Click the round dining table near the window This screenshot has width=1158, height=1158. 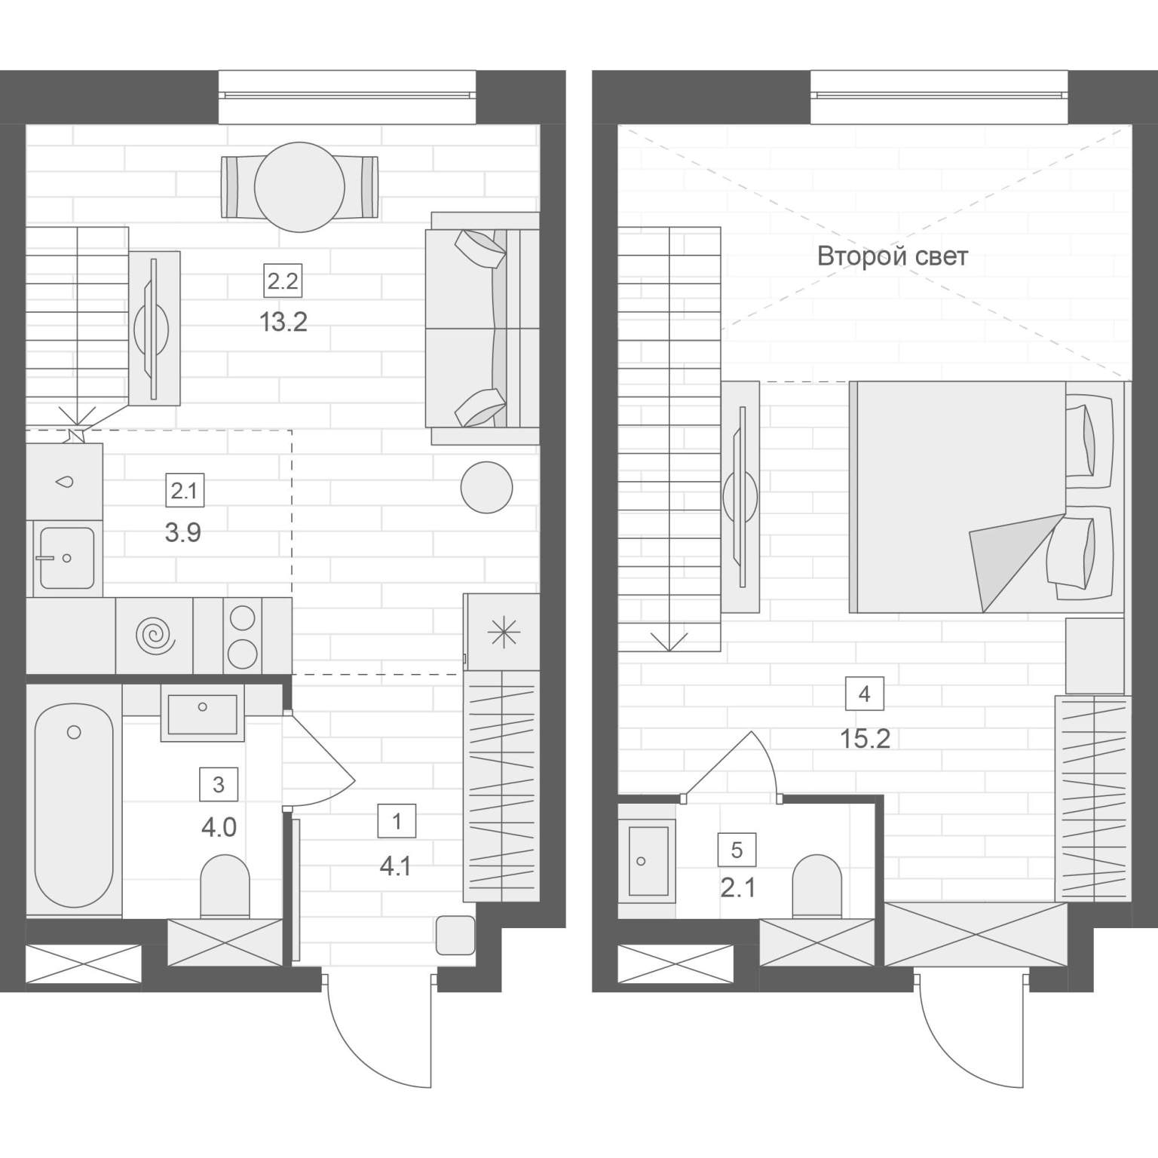click(299, 187)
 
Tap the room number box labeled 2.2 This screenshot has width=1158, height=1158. click(283, 282)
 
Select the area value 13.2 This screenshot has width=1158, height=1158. click(283, 323)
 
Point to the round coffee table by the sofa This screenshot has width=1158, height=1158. click(487, 487)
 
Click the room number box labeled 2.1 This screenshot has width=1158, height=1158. click(184, 492)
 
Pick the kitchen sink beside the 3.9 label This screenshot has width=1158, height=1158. click(66, 557)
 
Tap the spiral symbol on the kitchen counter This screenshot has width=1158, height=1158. click(155, 635)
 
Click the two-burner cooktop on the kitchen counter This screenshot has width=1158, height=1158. click(243, 635)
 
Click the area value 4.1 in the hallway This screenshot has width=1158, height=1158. click(396, 867)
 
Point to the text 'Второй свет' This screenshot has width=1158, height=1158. click(893, 256)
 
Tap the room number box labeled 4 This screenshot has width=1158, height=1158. click(865, 694)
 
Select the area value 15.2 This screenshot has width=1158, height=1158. click(865, 739)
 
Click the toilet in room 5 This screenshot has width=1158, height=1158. click(816, 887)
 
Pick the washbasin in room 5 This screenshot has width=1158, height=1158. click(648, 861)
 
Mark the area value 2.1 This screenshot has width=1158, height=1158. click(737, 888)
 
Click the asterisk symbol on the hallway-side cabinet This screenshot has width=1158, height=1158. click(503, 632)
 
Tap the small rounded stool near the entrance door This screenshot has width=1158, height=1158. click(455, 935)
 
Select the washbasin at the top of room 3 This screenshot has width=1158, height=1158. click(202, 713)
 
